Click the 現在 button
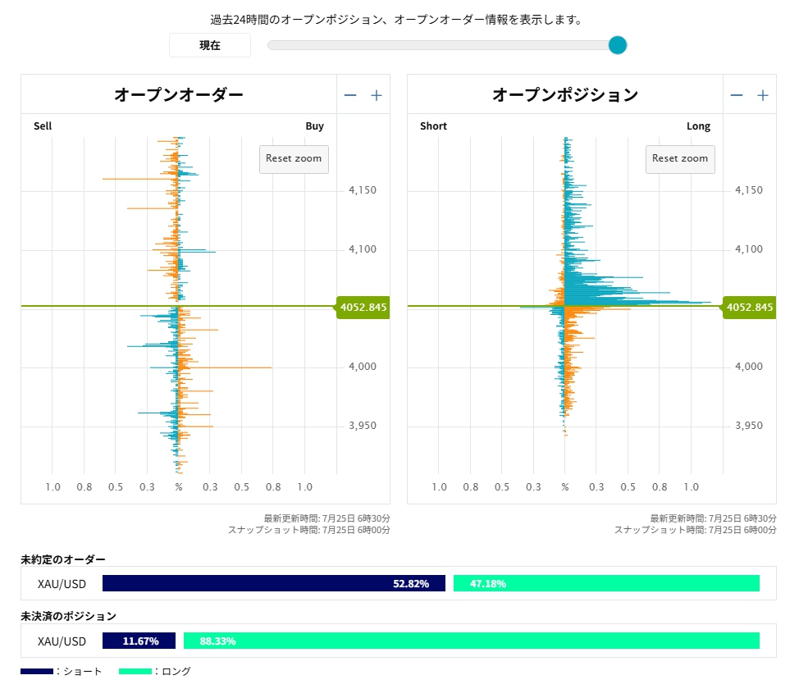click(210, 45)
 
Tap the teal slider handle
click(618, 45)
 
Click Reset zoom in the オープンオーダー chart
click(294, 159)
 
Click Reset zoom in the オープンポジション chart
click(680, 159)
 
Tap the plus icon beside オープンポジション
click(763, 95)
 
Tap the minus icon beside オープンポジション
click(737, 95)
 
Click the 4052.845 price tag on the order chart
click(363, 308)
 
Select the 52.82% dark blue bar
click(274, 583)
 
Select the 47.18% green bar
click(606, 583)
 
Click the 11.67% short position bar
click(139, 641)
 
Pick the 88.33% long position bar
click(472, 641)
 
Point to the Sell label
click(43, 125)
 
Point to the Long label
click(698, 125)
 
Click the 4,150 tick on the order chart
click(363, 190)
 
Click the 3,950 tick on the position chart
click(749, 426)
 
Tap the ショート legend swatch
click(37, 671)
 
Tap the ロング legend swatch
click(135, 671)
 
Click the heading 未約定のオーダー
click(63, 559)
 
